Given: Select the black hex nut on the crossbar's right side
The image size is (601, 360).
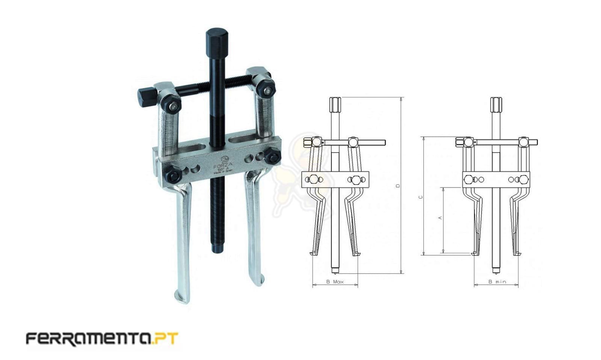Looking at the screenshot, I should (272, 155).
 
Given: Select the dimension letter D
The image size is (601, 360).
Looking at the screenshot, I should (398, 186).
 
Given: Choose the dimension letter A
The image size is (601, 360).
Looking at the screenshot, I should (440, 218).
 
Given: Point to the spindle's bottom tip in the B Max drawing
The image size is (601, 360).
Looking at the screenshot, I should (335, 270).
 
